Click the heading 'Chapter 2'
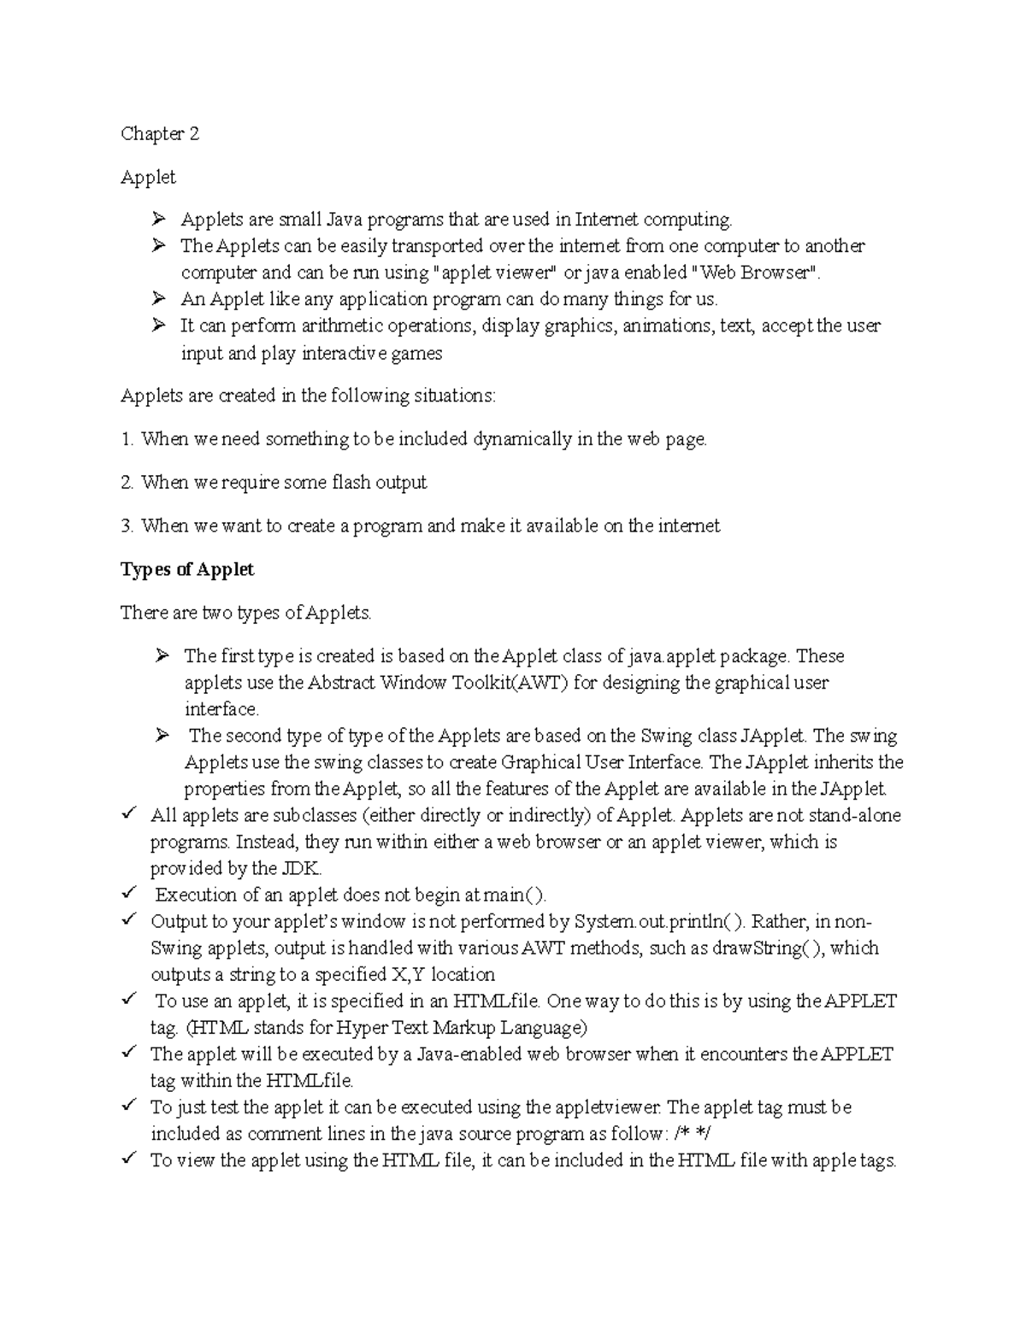pos(160,133)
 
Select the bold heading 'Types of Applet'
pos(187,569)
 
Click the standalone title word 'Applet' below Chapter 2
pos(148,177)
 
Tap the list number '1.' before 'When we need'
pos(127,439)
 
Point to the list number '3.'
pos(127,526)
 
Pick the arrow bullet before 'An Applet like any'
pos(158,299)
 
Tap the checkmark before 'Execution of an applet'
pos(128,894)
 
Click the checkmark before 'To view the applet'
pos(128,1159)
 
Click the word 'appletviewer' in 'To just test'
pos(605,1107)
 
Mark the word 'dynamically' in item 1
pos(522,439)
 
